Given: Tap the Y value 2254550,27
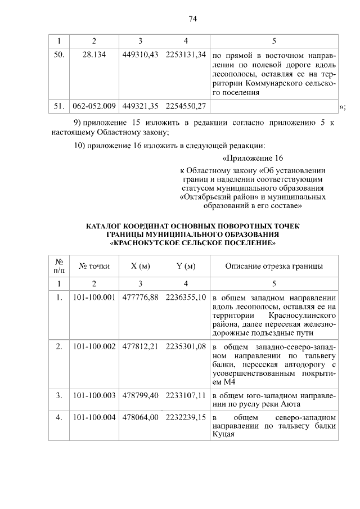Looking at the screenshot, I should pos(186,105).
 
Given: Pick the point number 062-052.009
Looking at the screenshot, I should pos(94,105).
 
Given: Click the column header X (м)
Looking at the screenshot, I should pos(140,266).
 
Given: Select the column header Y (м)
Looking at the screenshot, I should pos(186,266).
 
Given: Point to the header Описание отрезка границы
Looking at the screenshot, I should pos(274,266).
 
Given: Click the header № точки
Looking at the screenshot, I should pos(94,266).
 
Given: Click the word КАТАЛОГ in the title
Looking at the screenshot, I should pos(106,228).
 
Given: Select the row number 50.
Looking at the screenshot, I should pos(58,57).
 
